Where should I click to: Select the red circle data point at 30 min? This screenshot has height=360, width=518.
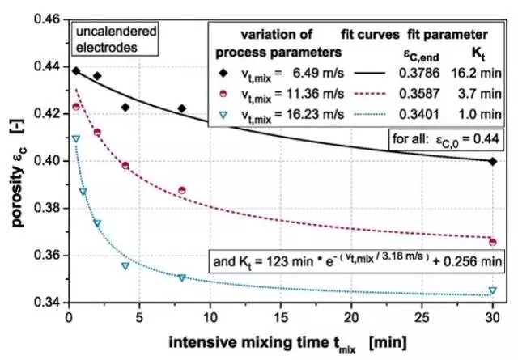[493, 242]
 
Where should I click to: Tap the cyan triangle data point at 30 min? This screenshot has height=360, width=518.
[493, 290]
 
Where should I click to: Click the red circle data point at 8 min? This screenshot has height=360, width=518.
[182, 190]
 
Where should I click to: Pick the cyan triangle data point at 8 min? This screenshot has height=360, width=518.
[182, 277]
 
